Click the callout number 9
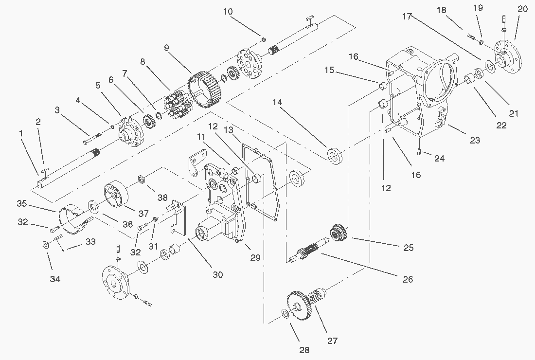tap(166, 48)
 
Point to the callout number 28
tap(304, 350)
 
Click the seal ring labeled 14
tap(334, 156)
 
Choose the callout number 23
tap(475, 140)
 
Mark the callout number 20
tap(522, 8)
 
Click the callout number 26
tap(408, 279)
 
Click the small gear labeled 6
tap(148, 118)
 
